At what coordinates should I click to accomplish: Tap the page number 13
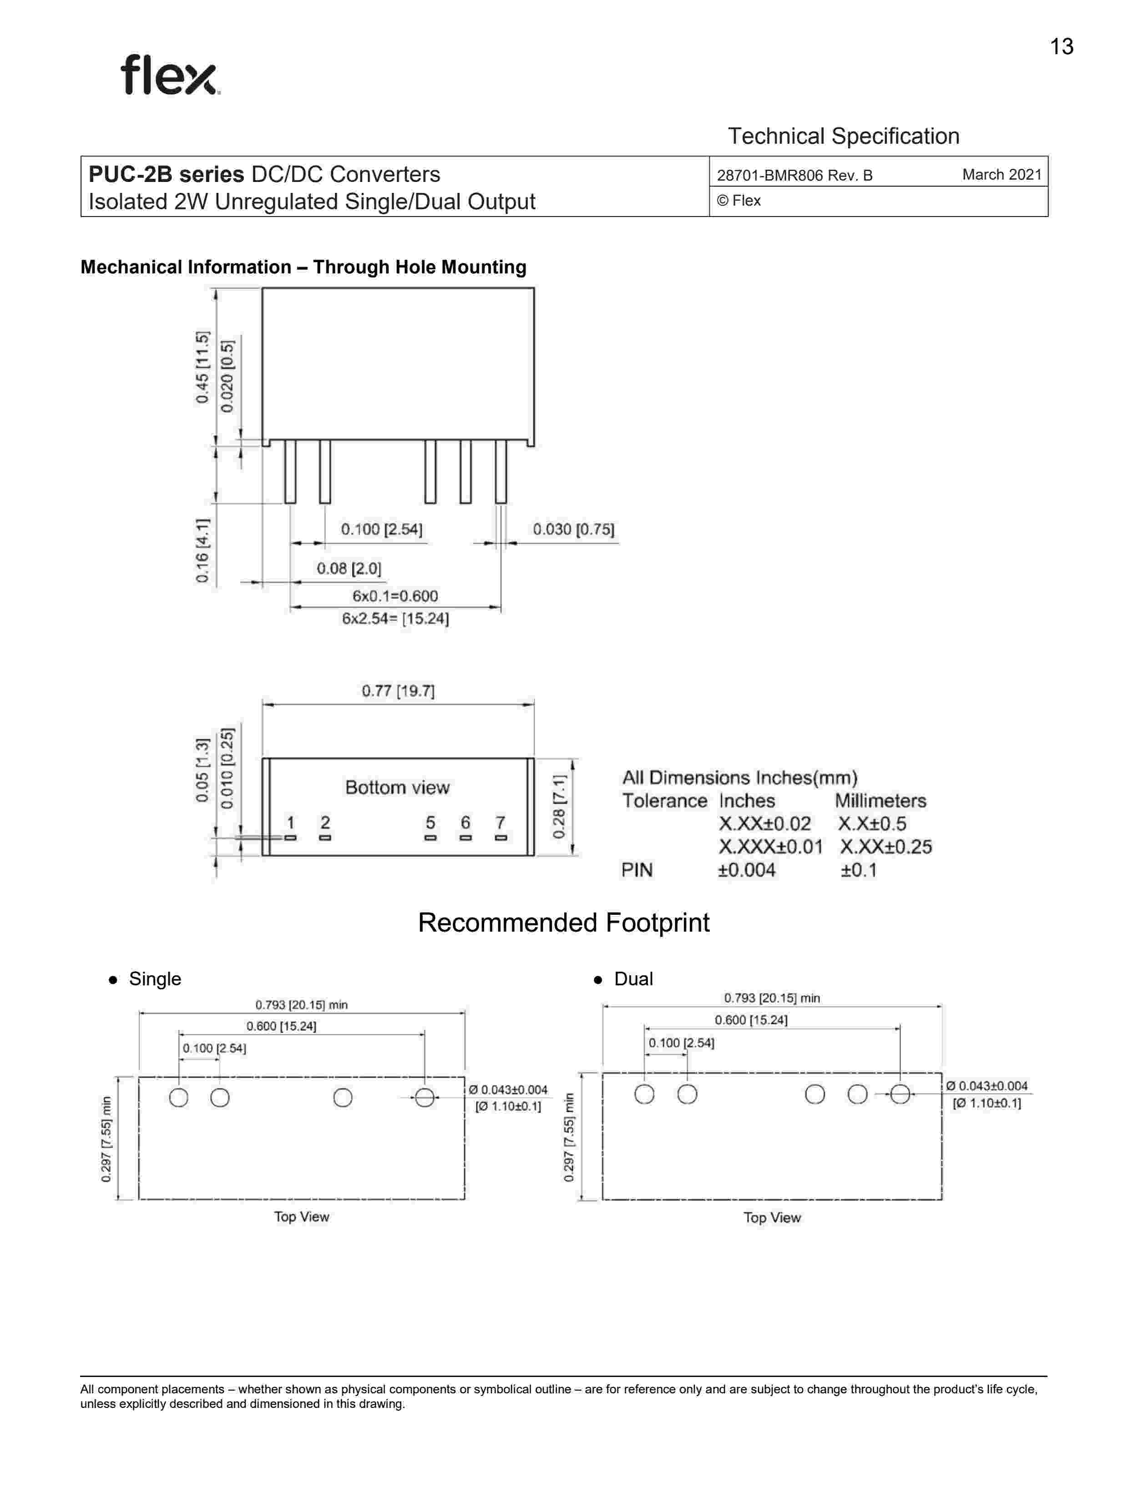click(1062, 47)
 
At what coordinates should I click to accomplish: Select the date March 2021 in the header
click(1001, 175)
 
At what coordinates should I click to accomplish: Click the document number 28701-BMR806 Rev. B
click(794, 175)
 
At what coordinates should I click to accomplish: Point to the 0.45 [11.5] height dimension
click(202, 367)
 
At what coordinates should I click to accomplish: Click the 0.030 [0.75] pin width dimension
click(573, 530)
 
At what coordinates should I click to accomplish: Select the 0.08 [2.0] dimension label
click(349, 568)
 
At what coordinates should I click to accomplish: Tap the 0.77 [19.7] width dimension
click(398, 691)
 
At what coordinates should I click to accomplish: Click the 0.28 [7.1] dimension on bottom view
click(559, 807)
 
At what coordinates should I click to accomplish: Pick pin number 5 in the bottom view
click(430, 823)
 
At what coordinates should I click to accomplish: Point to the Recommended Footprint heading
click(563, 923)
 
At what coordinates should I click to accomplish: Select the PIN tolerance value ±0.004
click(746, 870)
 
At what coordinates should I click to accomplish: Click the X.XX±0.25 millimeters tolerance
click(885, 847)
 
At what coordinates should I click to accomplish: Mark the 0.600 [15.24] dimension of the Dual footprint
click(751, 1020)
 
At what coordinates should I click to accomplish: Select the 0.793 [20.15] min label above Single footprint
click(301, 1005)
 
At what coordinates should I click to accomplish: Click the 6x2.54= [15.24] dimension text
click(395, 618)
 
